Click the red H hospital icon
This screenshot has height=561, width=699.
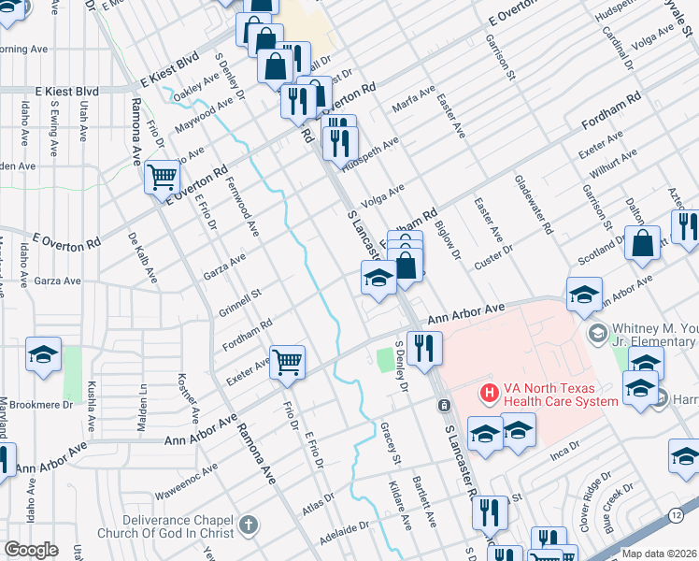(x=487, y=395)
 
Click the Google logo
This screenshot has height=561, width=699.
(x=32, y=550)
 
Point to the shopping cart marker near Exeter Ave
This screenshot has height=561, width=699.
(x=287, y=360)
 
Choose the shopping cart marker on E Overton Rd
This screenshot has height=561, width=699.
(x=163, y=175)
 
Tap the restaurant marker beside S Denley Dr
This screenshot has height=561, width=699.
(x=423, y=348)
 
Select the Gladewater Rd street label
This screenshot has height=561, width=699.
(x=533, y=204)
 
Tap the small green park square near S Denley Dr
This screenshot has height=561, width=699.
(x=384, y=358)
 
